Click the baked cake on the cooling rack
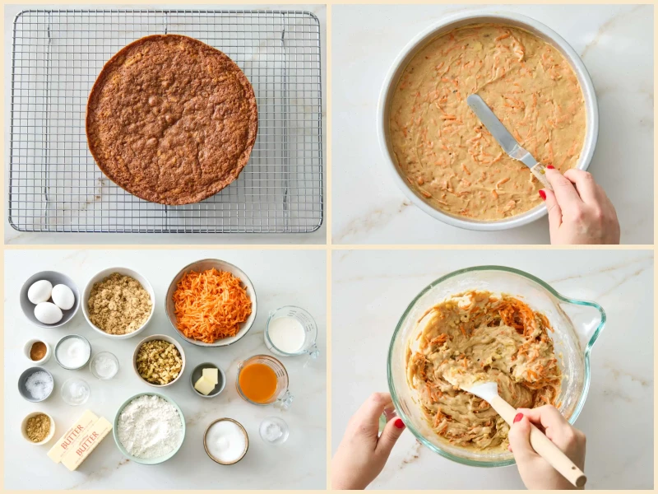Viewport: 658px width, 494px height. pos(171,119)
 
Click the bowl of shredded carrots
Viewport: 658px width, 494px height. pos(211,303)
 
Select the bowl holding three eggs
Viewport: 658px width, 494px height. pos(49,300)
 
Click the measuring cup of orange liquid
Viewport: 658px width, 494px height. pos(261,381)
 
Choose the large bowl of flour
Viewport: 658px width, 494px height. pos(149,426)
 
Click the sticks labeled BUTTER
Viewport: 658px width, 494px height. pos(79,440)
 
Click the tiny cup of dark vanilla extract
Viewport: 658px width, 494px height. pos(38,351)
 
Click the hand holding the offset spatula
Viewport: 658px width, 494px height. pos(579,206)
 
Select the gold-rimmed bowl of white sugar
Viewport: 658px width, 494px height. pos(225,440)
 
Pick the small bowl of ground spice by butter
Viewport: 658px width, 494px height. pos(37,427)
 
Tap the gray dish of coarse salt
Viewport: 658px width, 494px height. pos(36,384)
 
